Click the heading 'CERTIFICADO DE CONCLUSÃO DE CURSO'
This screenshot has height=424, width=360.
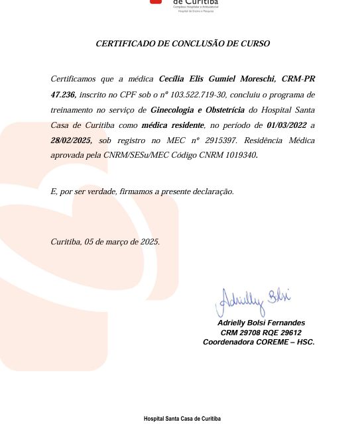click(183, 44)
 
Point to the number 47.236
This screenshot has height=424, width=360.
click(63, 95)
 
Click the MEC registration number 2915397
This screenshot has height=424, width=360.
click(219, 141)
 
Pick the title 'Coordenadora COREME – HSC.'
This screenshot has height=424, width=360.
click(259, 343)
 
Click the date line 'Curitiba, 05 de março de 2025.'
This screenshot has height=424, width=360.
click(105, 242)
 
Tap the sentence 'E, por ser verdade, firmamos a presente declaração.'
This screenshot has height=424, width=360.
click(142, 192)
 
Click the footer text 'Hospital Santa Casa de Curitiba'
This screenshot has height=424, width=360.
click(182, 419)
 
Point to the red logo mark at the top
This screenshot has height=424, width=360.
click(155, 2)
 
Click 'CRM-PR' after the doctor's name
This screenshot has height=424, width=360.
click(296, 79)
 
